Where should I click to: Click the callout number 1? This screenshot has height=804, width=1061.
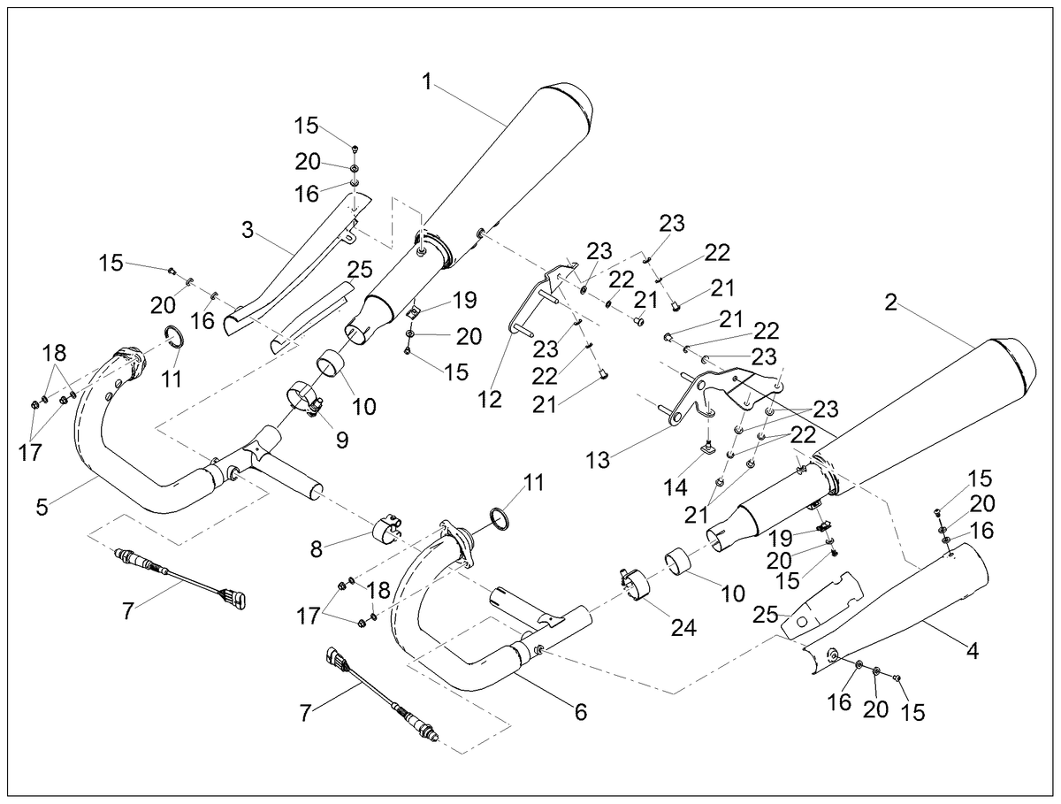427,81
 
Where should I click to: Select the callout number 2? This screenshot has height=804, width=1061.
891,303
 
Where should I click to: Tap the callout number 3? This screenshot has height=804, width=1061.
248,230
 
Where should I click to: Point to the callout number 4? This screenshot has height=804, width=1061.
972,651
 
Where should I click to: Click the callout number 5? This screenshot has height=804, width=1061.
42,507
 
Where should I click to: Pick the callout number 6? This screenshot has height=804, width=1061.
581,712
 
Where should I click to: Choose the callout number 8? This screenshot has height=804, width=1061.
317,548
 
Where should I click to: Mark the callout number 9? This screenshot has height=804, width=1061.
342,440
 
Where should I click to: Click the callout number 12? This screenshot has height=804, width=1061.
490,399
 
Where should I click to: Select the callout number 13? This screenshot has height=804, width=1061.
599,460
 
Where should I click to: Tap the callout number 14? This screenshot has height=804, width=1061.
676,488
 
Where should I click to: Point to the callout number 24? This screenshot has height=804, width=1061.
683,627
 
